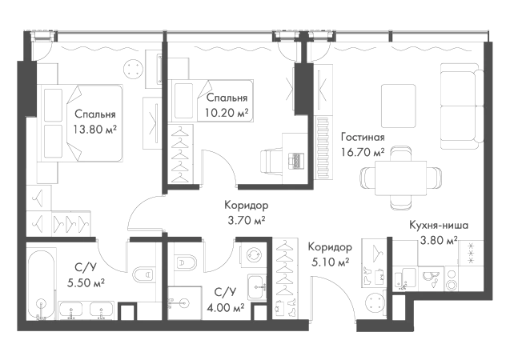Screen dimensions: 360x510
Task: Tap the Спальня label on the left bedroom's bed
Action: (90, 116)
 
